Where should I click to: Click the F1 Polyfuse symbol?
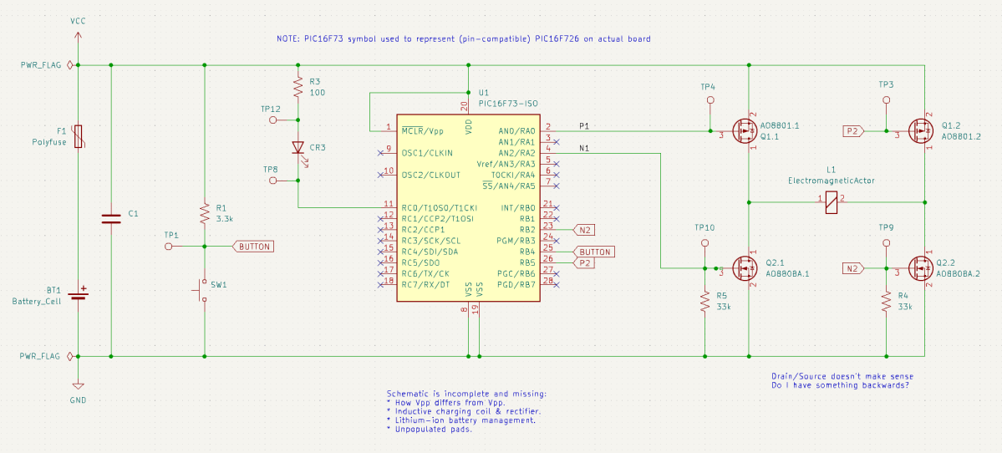tap(79, 136)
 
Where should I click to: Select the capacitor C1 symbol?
tap(111, 218)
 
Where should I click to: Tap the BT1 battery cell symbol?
tap(79, 293)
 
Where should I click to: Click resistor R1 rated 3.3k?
tap(204, 212)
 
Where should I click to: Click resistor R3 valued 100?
tap(298, 86)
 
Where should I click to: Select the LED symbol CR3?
tap(298, 148)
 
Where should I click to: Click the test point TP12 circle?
tap(272, 120)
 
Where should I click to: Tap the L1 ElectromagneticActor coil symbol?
tap(831, 202)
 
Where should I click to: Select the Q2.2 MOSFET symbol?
tap(921, 268)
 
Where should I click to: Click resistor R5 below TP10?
tap(705, 301)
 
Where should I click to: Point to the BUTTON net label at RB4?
tap(594, 252)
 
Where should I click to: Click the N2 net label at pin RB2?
tap(584, 229)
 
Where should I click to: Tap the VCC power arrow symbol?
tap(79, 38)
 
